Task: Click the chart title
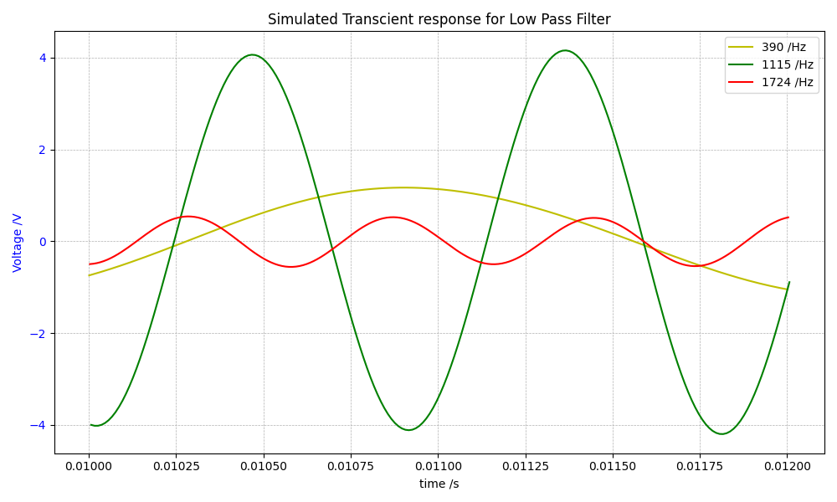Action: pos(439,19)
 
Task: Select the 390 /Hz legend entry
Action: pos(783,47)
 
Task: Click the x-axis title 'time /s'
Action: pos(439,484)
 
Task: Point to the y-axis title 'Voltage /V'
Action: pos(18,243)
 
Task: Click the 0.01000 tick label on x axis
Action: pos(90,466)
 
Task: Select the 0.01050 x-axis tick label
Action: pos(264,466)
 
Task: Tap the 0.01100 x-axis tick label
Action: pos(438,466)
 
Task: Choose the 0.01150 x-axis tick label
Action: pos(612,466)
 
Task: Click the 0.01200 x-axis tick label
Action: pos(786,466)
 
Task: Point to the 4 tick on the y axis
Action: pos(42,58)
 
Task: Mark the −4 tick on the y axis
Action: pos(39,425)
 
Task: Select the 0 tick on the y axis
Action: pos(42,242)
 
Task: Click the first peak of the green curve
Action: pos(252,54)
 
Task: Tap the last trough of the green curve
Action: pos(721,433)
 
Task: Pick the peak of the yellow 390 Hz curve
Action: pos(403,187)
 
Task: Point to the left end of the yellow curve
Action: pos(90,275)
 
